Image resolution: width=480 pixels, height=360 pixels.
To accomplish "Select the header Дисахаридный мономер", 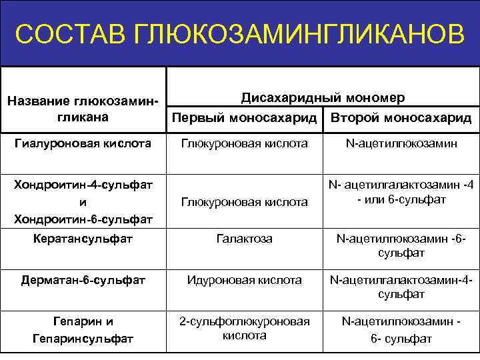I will coord(322,97).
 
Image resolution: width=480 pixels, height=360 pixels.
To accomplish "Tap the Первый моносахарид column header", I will coord(244,117).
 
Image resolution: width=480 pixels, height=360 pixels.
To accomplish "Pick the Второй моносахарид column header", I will coord(401,117).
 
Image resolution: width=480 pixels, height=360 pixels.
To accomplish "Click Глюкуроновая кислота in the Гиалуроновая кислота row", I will coord(244,143).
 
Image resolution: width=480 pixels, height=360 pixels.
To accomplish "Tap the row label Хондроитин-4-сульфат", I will coord(83,183).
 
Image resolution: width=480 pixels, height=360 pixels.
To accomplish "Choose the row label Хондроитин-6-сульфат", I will coord(83,219).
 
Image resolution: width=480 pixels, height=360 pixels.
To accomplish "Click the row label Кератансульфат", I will coord(83,238).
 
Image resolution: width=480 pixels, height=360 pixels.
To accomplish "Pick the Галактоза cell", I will coord(244,238).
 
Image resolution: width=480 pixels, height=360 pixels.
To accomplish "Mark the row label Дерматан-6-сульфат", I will coord(83,280).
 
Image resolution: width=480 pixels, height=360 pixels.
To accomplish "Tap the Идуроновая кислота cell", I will coord(244,280).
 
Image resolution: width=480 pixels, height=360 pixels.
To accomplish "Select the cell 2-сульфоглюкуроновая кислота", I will coord(244,328).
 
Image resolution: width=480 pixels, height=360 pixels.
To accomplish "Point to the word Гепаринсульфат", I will coord(83,339).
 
